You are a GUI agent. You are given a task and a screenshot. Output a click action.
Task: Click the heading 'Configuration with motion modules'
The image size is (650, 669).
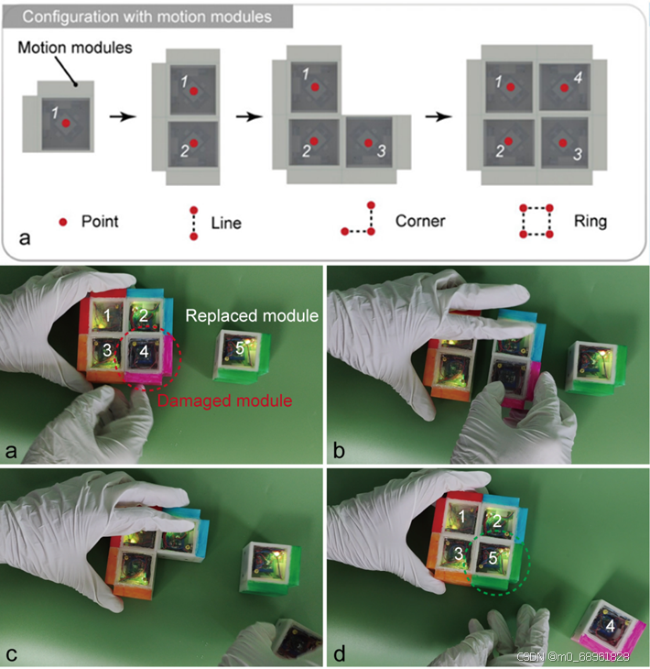pos(147,16)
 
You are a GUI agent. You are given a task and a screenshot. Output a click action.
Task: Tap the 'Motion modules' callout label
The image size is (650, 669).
pos(75,48)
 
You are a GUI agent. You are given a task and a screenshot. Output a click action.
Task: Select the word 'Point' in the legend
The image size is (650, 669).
pos(100,222)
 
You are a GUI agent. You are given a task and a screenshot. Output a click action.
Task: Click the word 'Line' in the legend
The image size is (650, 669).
pos(226,223)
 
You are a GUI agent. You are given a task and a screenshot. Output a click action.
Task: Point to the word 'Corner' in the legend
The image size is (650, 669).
pos(420,221)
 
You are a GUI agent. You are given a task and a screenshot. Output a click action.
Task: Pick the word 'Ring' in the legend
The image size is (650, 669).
pos(590,222)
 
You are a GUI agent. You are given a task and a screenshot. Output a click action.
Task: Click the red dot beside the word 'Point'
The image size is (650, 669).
pos(63,222)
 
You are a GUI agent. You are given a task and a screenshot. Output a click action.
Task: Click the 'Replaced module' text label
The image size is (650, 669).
pos(252,316)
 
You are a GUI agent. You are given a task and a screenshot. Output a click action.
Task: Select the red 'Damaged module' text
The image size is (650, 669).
pos(225,400)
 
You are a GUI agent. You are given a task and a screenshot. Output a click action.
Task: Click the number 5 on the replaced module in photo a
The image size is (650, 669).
pos(240,348)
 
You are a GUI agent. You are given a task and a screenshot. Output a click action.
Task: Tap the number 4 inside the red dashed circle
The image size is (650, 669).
pos(144,352)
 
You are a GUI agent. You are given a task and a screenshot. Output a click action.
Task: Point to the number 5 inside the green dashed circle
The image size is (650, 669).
pos(493,558)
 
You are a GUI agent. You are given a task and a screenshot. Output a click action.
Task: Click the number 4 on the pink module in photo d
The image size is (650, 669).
pos(611,626)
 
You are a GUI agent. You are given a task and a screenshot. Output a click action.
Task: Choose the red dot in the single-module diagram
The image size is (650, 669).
pos(66,124)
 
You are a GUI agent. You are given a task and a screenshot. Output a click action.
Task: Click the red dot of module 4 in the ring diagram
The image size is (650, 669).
pos(564,88)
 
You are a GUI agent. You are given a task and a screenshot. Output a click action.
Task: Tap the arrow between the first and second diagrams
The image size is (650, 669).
pos(123,116)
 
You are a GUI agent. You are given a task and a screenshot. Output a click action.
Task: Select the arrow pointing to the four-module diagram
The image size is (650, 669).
pos(439,116)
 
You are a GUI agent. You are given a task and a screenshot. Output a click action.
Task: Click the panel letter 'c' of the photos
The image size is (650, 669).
pos(12,653)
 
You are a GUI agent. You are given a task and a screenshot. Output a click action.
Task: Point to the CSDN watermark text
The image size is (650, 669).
pos(573,656)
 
